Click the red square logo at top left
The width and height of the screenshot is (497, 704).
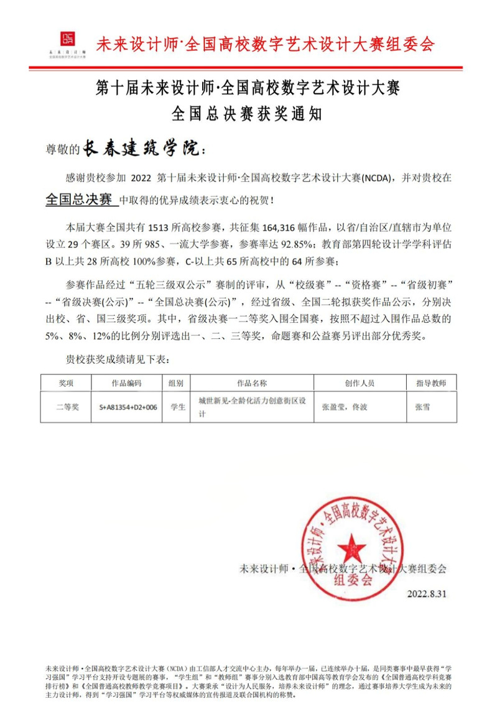[66, 39]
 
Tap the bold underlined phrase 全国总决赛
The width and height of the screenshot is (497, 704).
[79, 200]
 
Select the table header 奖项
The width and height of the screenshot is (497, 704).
[66, 383]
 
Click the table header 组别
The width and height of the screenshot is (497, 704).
[175, 383]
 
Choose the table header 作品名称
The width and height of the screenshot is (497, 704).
[252, 383]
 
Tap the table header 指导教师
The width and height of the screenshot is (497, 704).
[431, 383]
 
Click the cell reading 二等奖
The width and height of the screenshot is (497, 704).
[66, 407]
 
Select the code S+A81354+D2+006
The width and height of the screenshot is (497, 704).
[128, 407]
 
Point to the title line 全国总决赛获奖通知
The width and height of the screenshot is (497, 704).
[248, 114]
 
